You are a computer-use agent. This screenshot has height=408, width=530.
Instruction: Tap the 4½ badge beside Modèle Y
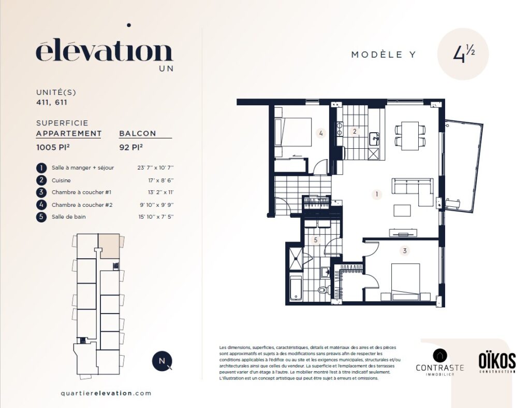tap(463, 54)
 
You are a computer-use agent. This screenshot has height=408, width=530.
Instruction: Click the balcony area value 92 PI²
tap(131, 147)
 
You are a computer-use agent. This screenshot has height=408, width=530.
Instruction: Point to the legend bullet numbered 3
tap(41, 192)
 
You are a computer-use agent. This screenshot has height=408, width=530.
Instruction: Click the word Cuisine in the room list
tap(61, 180)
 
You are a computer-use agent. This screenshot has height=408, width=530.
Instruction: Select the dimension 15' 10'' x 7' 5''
tap(156, 217)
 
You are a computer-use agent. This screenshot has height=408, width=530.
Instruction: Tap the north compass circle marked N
tap(162, 361)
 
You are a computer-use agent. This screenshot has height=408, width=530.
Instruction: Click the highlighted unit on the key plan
tap(109, 246)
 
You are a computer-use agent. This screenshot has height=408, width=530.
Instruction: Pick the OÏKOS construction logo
tap(497, 362)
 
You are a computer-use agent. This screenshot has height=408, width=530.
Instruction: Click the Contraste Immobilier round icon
tap(440, 356)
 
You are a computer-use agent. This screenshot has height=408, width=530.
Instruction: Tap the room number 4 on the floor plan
tap(321, 133)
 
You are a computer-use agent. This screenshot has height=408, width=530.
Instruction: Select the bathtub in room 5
tap(296, 288)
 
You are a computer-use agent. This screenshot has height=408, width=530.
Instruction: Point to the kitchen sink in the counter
tap(374, 138)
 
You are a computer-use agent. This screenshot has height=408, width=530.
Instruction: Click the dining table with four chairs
tap(410, 135)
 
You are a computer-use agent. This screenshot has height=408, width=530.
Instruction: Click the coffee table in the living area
tap(402, 210)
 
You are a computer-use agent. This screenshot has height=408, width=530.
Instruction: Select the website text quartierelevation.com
tap(106, 393)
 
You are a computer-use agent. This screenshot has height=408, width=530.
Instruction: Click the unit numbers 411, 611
tap(52, 102)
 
